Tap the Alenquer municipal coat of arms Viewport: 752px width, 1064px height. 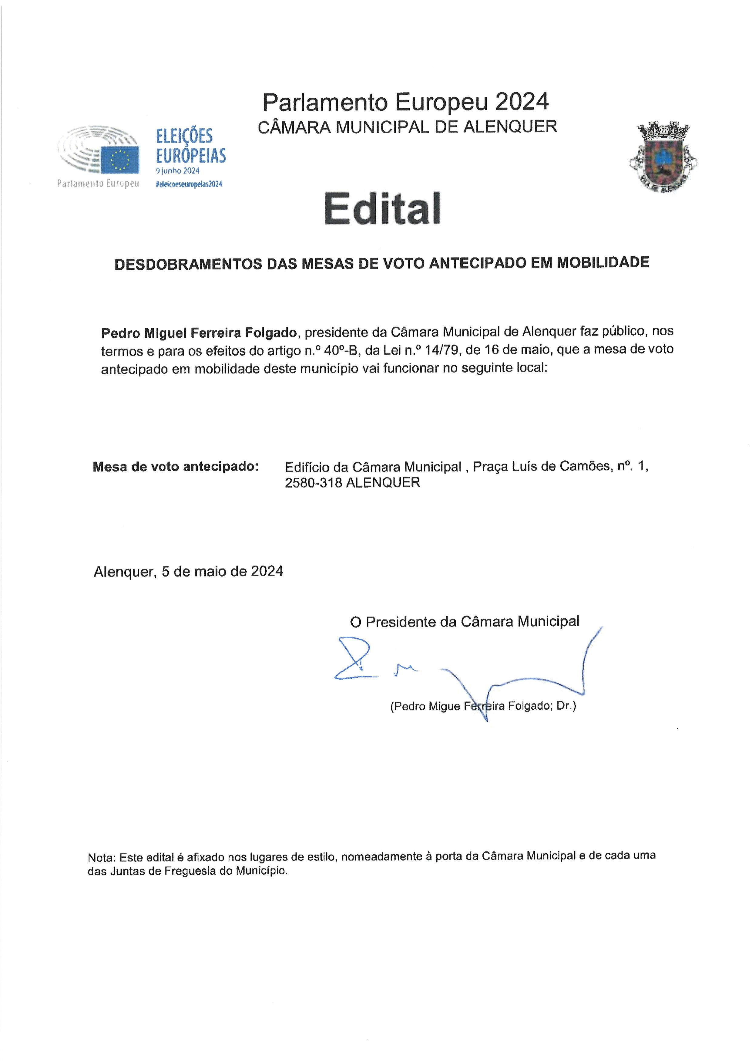(663, 157)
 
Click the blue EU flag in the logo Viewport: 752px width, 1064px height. (120, 160)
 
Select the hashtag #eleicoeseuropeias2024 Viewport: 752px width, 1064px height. (189, 184)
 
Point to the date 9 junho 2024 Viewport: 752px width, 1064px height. (177, 171)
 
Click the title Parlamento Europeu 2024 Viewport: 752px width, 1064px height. (406, 102)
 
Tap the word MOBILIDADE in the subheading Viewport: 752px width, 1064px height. (603, 262)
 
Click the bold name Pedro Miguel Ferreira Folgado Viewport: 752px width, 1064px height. (199, 333)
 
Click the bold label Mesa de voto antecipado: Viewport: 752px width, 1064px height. (176, 467)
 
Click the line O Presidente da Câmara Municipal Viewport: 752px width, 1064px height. (465, 621)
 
